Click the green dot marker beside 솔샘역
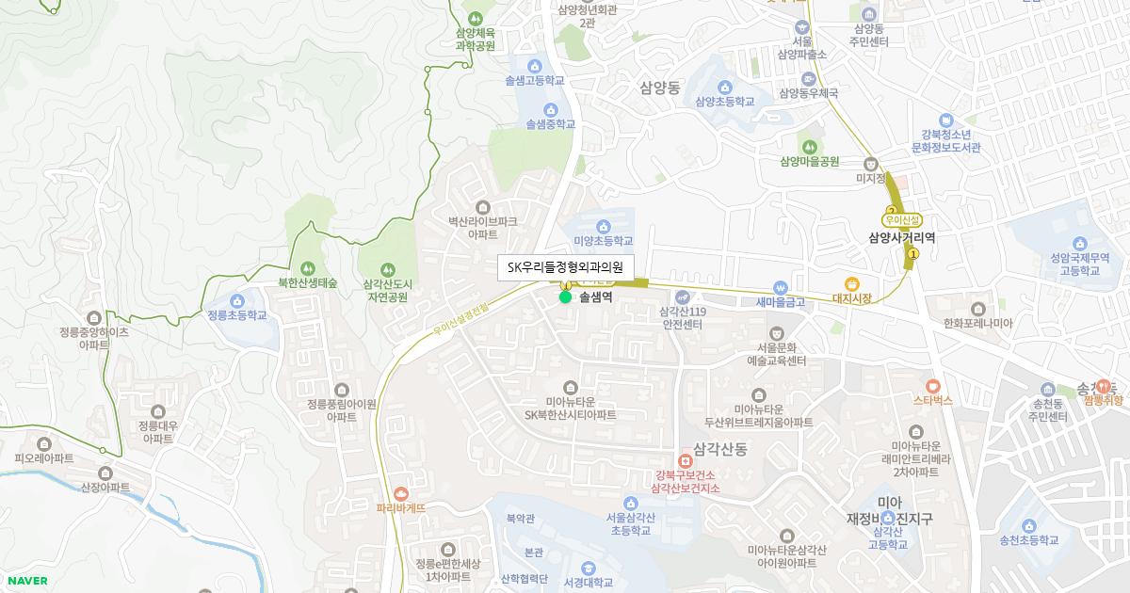[x=565, y=297]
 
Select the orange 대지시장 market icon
[x=852, y=283]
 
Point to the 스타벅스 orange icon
[x=932, y=385]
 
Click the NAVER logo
[x=25, y=581]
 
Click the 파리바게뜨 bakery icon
[x=401, y=492]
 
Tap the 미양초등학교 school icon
[x=603, y=226]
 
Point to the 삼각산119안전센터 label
[x=684, y=318]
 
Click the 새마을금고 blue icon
[x=780, y=287]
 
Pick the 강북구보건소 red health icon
[x=685, y=460]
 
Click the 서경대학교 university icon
[x=588, y=568]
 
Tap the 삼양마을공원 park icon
[x=809, y=146]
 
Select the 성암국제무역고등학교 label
[x=1061, y=263]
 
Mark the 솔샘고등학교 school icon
[x=534, y=66]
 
